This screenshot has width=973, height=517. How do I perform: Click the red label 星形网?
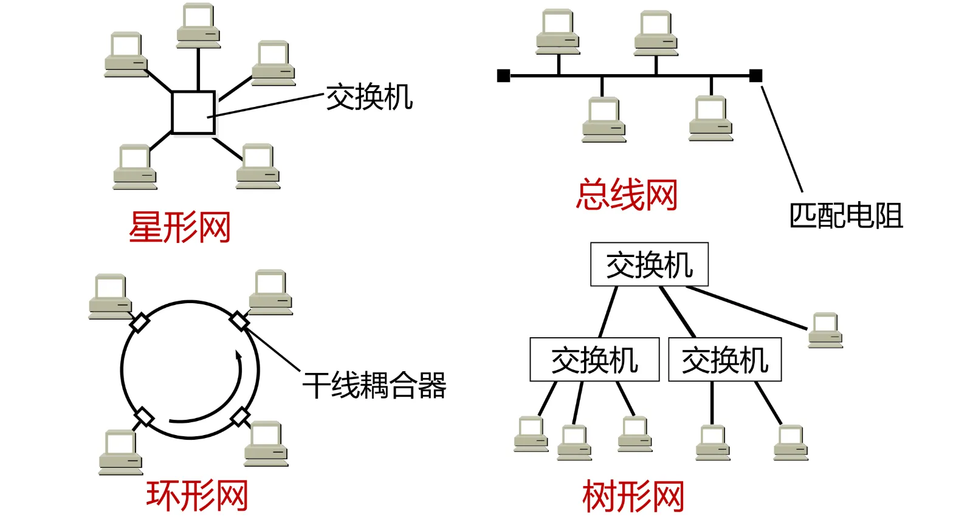pyautogui.click(x=180, y=227)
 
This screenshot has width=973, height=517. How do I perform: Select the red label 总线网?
pyautogui.click(x=627, y=195)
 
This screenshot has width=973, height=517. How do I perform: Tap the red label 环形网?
pyautogui.click(x=197, y=495)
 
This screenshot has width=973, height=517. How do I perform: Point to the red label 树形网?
pyautogui.click(x=633, y=496)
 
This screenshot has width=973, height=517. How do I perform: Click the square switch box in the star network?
pyautogui.click(x=193, y=112)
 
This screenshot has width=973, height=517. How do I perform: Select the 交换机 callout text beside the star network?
pyautogui.click(x=369, y=97)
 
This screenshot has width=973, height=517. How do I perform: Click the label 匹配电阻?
pyautogui.click(x=845, y=216)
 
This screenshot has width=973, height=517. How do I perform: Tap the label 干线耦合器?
pyautogui.click(x=374, y=385)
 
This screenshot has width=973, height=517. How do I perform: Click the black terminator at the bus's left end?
pyautogui.click(x=503, y=75)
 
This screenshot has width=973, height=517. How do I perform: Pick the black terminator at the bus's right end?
pyautogui.click(x=755, y=75)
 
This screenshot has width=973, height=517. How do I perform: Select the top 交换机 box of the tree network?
pyautogui.click(x=649, y=264)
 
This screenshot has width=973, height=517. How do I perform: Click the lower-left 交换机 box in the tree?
pyautogui.click(x=594, y=360)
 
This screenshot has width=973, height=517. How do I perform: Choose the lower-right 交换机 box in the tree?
pyautogui.click(x=724, y=360)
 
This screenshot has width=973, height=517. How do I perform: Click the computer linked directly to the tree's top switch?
pyautogui.click(x=825, y=330)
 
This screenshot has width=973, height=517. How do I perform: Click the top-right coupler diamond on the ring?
pyautogui.click(x=239, y=321)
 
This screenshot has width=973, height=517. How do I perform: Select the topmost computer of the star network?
pyautogui.click(x=199, y=26)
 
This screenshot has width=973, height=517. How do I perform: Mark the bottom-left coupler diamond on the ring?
pyautogui.click(x=143, y=417)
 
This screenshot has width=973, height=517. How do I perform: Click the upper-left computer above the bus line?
pyautogui.click(x=558, y=32)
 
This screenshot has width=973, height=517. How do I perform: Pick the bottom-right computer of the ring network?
pyautogui.click(x=266, y=443)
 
